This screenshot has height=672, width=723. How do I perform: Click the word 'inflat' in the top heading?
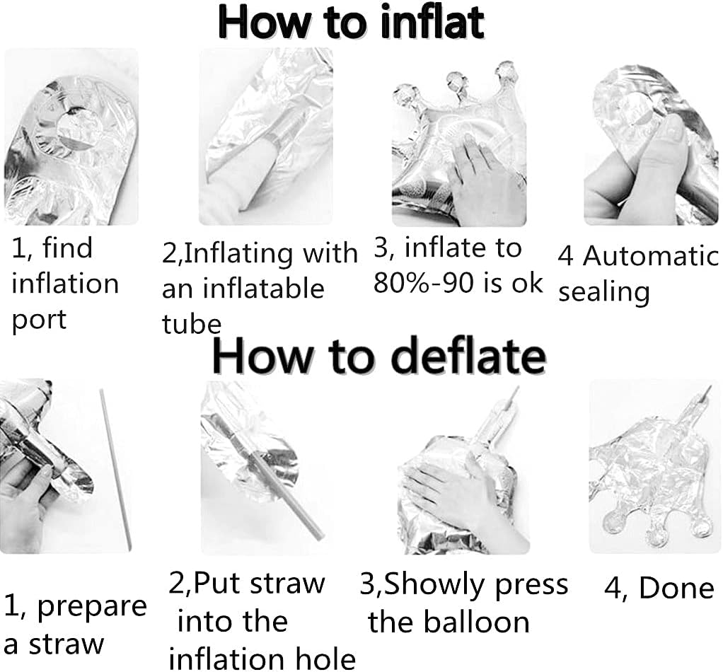(432, 22)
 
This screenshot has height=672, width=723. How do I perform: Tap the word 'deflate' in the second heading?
(469, 356)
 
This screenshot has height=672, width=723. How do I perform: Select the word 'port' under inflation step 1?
(39, 320)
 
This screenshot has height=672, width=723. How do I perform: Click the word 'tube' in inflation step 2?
(191, 323)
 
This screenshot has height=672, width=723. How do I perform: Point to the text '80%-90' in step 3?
(417, 282)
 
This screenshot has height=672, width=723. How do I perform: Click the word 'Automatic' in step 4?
(651, 256)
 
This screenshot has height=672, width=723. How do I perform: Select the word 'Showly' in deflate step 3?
(436, 584)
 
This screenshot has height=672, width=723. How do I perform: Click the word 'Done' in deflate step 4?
(677, 588)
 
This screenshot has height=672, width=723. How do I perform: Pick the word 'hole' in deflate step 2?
(328, 659)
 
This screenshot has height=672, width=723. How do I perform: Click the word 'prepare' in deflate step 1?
(92, 606)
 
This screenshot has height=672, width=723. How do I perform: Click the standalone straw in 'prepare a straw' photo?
(116, 470)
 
